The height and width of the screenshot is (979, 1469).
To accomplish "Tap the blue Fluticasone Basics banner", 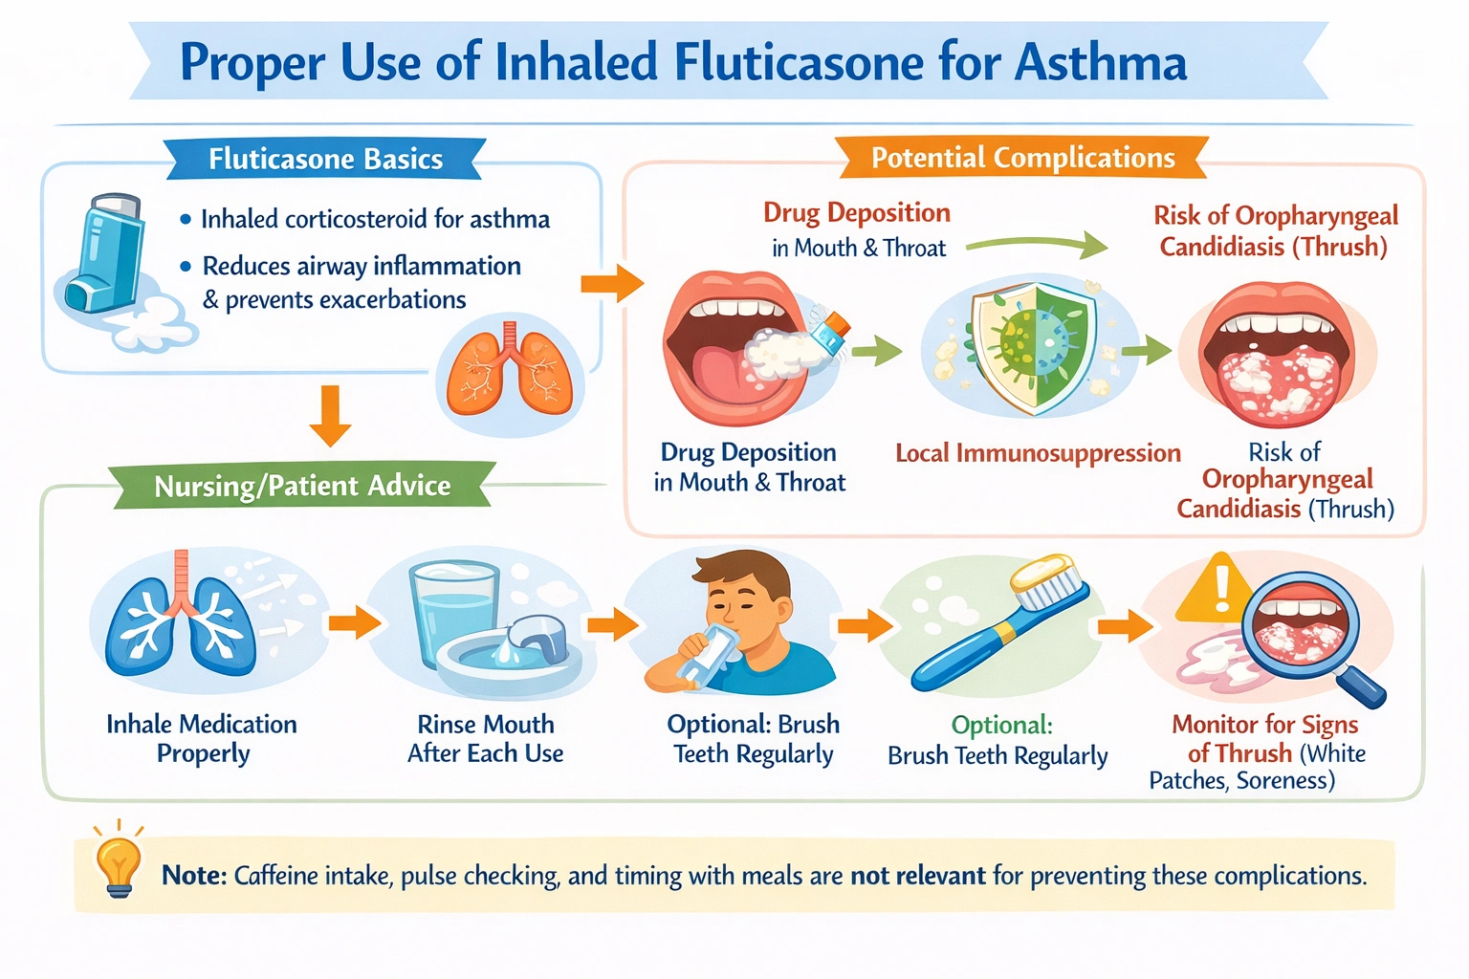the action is (x=325, y=159).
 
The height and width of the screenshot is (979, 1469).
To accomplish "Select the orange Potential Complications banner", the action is (x=1022, y=158).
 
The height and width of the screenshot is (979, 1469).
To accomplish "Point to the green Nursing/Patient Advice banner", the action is (x=302, y=486).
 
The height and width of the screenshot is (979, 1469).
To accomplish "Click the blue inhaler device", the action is (x=107, y=253).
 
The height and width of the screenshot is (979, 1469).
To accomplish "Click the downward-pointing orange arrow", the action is (x=331, y=416).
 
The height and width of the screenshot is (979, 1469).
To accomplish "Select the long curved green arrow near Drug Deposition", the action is (x=1038, y=244).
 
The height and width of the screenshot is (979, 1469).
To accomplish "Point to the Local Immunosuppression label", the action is (x=1038, y=453).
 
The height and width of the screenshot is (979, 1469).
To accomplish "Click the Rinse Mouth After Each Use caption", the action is (x=485, y=738).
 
